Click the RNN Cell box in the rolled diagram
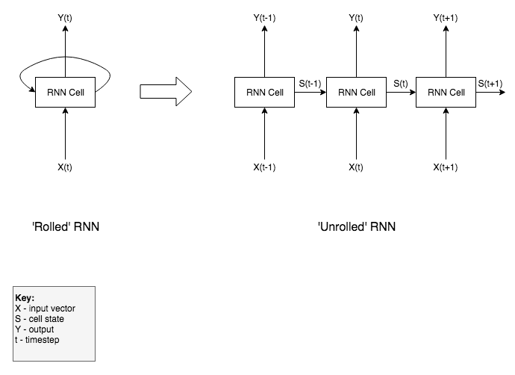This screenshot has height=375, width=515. pos(65,93)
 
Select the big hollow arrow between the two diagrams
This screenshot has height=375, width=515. pos(166,91)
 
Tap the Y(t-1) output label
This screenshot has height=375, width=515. pos(264,18)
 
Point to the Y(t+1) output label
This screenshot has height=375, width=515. pos(446,18)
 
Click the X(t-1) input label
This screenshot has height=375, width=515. pos(264,167)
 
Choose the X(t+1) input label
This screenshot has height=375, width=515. pos(446,167)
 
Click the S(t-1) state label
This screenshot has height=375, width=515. pos(310,84)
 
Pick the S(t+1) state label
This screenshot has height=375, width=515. pos(490,84)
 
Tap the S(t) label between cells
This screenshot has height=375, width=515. pos(401,84)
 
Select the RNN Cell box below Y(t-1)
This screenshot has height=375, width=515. pos(264,93)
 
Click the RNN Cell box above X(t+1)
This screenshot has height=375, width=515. pos(446,93)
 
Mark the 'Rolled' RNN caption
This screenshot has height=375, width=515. pos(66,227)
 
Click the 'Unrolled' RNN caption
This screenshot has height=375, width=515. pos(357,227)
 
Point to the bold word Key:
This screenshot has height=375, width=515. pos(25,298)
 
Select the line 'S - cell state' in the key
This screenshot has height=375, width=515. pos(40,319)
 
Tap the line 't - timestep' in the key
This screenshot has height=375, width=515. pos(37,340)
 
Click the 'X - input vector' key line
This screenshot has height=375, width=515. pos(45,309)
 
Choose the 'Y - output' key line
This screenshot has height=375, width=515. pos(34,329)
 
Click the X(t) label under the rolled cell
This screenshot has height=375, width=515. pos(65,167)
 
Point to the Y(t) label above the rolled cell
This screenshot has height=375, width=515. pos(65,18)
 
